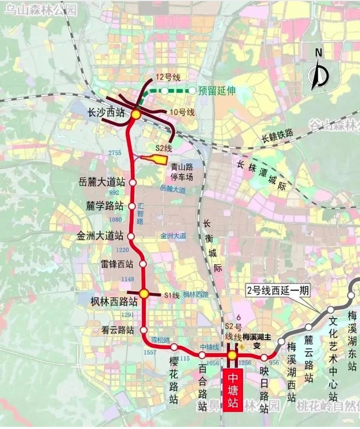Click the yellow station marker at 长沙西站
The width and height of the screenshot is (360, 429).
(x=136, y=114)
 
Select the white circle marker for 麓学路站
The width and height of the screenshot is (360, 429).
(x=132, y=205)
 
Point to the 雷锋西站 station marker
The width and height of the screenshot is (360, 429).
(x=143, y=264)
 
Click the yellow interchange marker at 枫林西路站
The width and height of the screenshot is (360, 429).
(x=144, y=293)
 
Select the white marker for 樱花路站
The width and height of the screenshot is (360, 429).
(x=174, y=347)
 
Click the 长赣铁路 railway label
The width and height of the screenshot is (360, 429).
(x=278, y=135)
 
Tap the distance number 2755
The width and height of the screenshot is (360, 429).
(x=115, y=153)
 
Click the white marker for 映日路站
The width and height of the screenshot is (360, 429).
(x=264, y=357)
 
